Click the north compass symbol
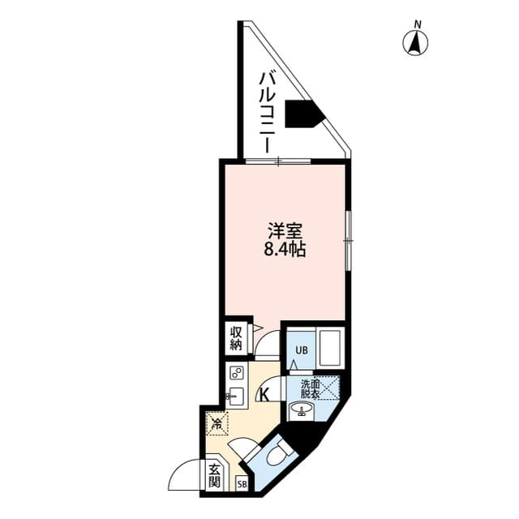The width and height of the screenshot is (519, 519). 417,41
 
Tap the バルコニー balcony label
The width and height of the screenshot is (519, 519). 266,112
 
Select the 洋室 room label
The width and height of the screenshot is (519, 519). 283,230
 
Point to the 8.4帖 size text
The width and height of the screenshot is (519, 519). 284,249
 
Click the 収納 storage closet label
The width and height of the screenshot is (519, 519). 235,337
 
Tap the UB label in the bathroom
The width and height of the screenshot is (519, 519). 300,350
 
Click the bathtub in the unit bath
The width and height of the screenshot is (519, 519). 331,347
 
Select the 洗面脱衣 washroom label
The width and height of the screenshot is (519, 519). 311,388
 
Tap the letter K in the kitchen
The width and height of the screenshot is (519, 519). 264,395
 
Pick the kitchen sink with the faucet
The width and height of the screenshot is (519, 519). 237,397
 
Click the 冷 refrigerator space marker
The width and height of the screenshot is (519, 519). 217,422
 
